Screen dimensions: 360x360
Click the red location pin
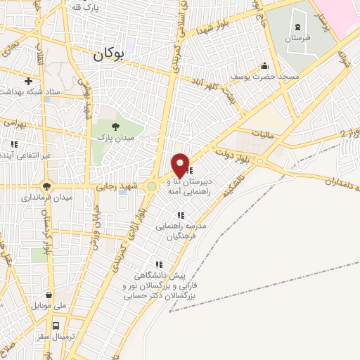pos(181,165)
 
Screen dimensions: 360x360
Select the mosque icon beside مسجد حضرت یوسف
pos(264,66)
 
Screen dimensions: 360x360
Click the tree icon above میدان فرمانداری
pos(47,186)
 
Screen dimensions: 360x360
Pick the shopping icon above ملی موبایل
pos(49,295)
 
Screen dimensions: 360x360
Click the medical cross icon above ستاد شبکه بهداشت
pos(27,82)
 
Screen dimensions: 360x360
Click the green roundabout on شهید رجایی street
pos(151,187)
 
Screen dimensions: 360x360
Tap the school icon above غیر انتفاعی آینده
pos(13,144)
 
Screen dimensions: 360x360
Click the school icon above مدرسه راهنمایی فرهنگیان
pos(181,215)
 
